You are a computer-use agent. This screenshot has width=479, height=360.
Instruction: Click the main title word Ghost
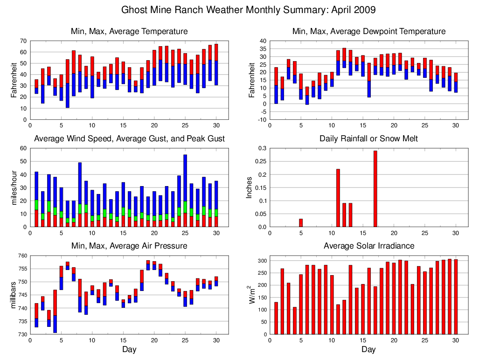134,10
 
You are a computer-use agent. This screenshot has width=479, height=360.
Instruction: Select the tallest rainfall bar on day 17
375,188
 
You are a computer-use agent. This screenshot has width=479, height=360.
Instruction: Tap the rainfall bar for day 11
338,198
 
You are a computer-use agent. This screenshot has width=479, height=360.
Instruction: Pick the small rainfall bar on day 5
301,223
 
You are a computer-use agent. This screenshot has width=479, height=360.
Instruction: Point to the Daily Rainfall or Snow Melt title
368,138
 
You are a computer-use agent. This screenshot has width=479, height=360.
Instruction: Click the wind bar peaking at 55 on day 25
185,187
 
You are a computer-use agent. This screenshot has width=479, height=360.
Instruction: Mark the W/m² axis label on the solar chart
252,295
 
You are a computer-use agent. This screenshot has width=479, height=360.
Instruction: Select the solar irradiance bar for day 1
276,318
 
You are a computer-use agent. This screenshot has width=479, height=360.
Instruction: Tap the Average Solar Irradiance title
368,246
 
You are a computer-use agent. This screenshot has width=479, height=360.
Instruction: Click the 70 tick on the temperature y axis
22,41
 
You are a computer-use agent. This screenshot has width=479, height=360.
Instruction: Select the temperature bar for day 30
216,64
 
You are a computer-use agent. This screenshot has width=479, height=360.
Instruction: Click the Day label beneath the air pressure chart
129,349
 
